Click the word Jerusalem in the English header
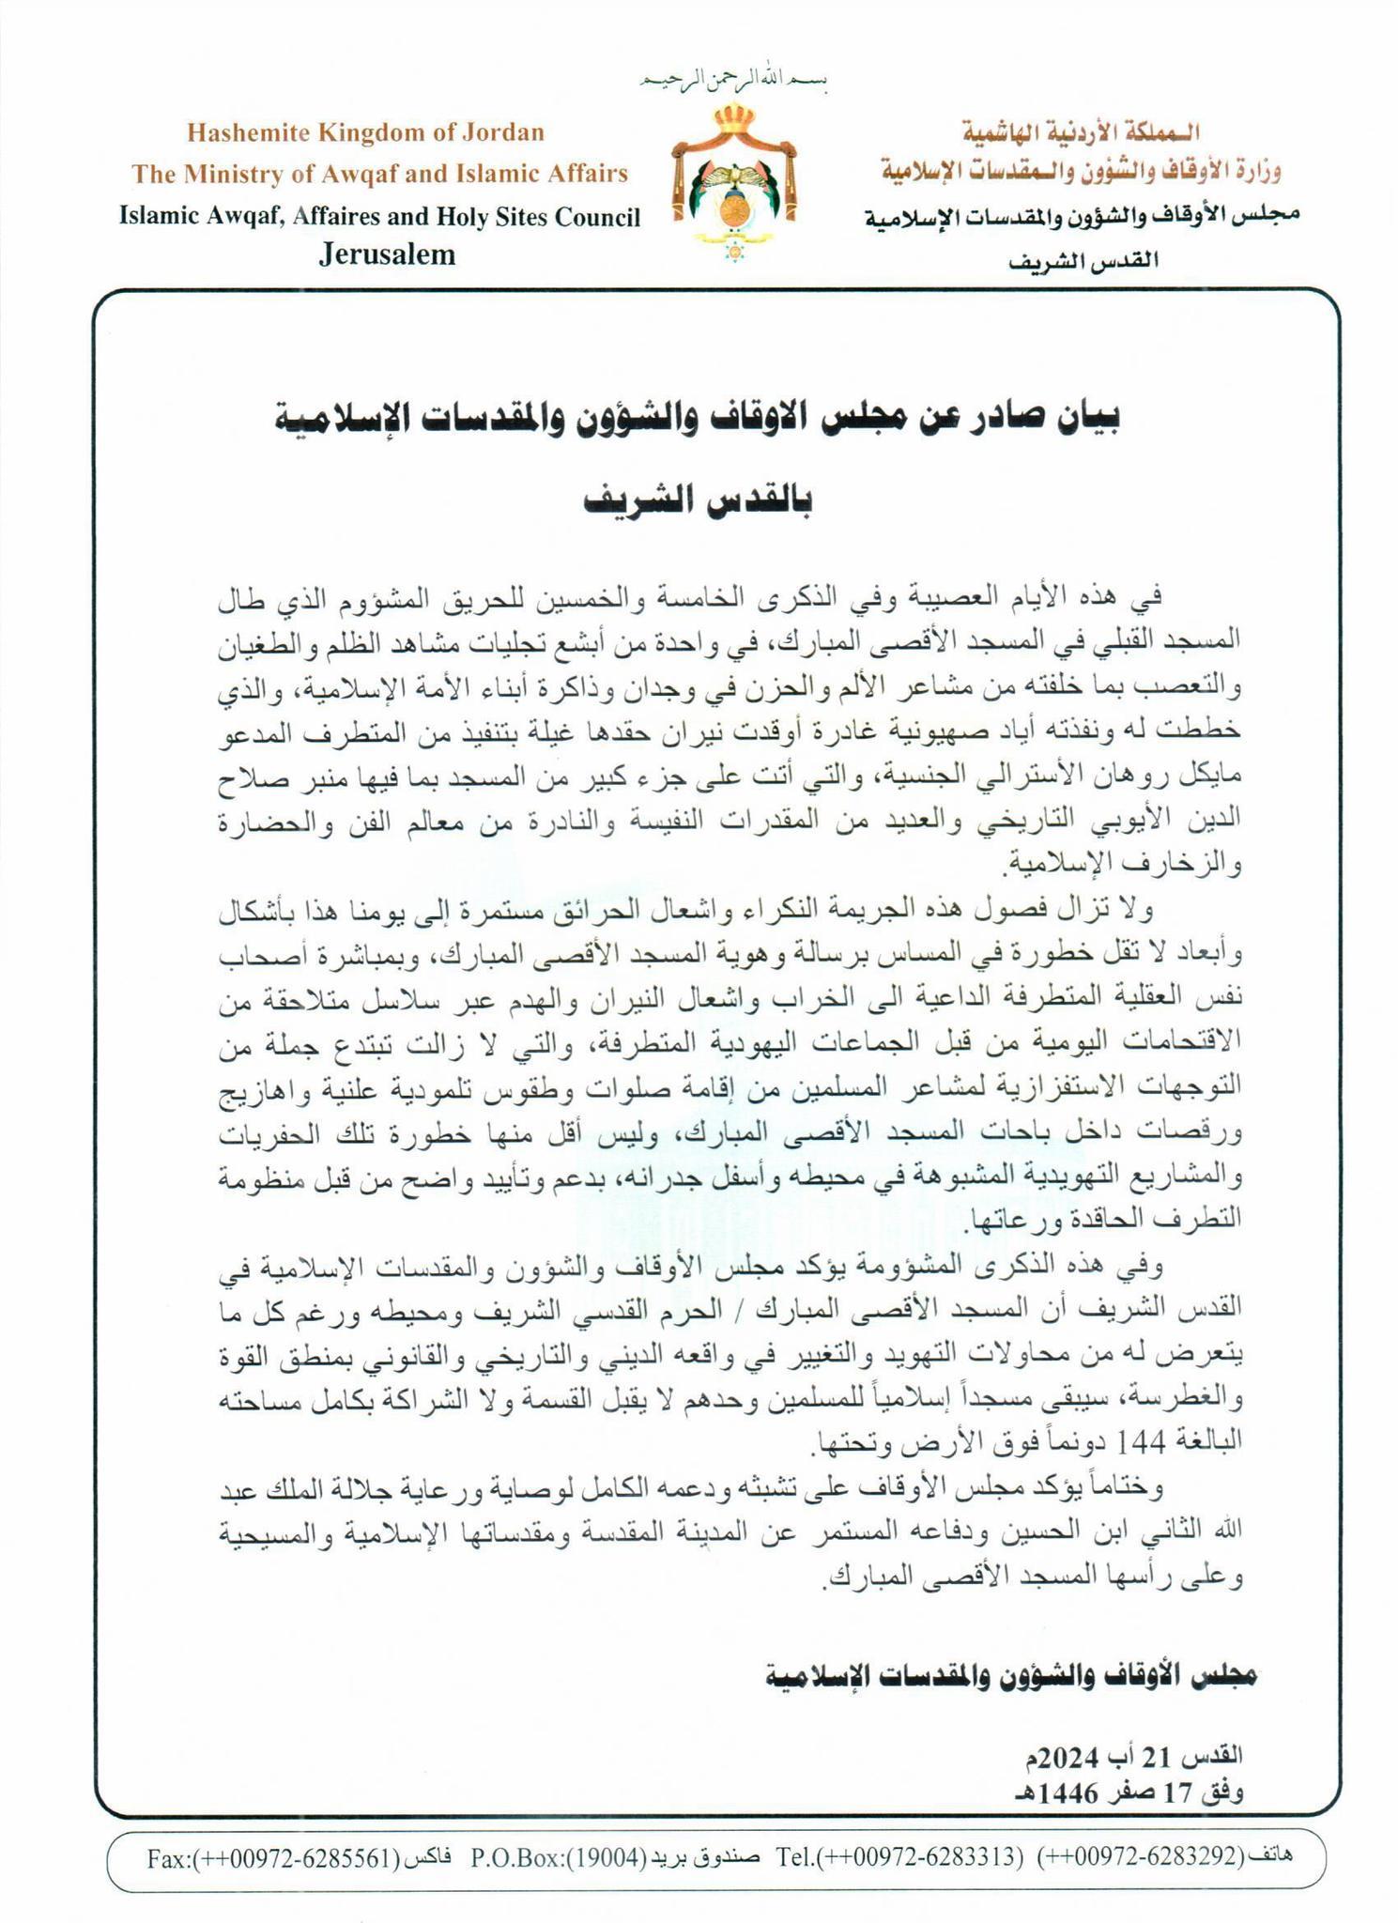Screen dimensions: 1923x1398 click(x=387, y=254)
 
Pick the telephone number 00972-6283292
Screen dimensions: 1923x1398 click(x=1142, y=1857)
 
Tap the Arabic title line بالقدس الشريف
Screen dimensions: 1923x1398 click(x=699, y=500)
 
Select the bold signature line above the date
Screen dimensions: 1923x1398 click(x=1010, y=1675)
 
